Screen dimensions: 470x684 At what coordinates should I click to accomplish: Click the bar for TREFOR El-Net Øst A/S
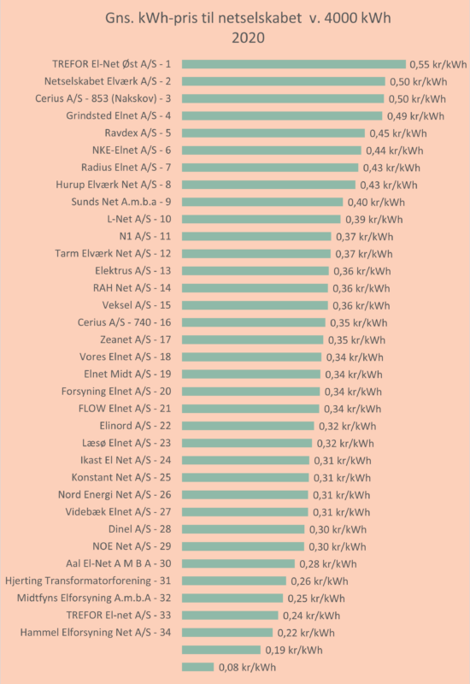point(294,65)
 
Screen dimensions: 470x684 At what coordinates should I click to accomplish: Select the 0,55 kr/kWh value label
point(438,65)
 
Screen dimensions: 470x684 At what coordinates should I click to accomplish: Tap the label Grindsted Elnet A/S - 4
point(119,116)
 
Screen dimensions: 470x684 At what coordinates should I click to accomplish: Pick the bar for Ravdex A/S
point(273,133)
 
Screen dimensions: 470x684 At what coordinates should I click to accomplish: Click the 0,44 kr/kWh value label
point(395,150)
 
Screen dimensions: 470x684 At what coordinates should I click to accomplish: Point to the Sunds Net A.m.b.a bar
point(262,202)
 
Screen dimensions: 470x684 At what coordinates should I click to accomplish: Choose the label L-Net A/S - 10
point(139,219)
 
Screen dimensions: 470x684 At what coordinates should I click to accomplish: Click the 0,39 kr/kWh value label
point(374,220)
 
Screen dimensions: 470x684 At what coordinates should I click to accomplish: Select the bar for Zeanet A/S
point(253,339)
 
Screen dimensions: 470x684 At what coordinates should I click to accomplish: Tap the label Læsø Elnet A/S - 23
point(126,443)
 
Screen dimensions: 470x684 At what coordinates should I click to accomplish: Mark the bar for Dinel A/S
point(244,529)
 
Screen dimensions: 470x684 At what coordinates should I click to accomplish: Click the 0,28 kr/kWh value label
point(328,564)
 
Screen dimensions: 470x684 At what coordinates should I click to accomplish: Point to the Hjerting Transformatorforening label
point(88,581)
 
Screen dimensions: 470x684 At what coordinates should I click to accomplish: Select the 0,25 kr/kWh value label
point(316,598)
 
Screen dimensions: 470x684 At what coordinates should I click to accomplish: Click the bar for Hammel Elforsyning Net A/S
point(227,633)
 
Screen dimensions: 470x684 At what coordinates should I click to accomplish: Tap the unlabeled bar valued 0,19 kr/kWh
point(221,650)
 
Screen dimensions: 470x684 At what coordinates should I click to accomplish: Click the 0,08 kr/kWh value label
point(247,668)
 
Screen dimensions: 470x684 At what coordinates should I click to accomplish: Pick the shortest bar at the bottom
point(198,667)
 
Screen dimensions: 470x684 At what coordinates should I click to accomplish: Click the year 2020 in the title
point(248,38)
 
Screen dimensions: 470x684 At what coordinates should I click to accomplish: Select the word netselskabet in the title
point(260,18)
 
